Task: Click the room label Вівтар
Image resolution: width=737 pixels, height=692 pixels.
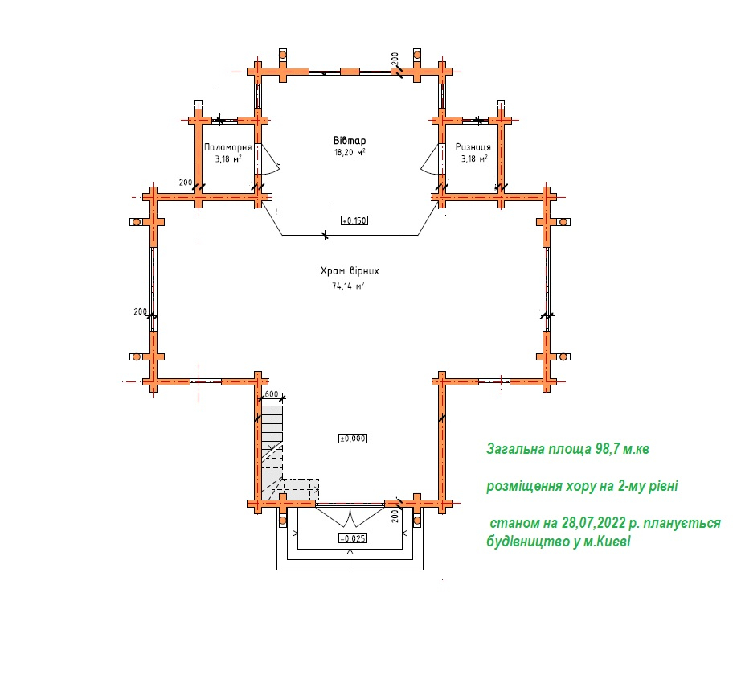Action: coord(350,141)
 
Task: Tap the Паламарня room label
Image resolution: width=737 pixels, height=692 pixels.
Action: coord(228,147)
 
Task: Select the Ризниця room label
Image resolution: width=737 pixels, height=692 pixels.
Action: coord(473,147)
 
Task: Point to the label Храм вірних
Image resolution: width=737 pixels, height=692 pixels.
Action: coord(350,271)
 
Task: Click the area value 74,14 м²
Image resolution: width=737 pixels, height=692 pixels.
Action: coord(348,286)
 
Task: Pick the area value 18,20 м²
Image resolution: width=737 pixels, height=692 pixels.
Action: coord(350,152)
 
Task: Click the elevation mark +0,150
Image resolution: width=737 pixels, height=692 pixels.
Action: coord(354,220)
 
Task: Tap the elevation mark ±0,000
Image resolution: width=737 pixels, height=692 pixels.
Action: coord(353,439)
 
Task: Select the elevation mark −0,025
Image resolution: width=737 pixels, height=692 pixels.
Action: coord(353,538)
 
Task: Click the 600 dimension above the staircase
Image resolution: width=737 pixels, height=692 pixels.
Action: coord(271,394)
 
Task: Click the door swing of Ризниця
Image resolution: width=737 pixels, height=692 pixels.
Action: coord(430,159)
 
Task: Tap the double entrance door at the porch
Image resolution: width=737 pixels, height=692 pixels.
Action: coord(350,516)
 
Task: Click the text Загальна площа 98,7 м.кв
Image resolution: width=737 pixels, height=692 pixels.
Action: coord(567,449)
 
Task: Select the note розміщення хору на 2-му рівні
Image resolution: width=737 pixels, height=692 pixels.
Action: coord(582,485)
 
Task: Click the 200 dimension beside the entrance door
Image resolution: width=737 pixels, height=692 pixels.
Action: coord(395,517)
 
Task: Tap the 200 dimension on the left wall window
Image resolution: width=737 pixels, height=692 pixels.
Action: coord(140,311)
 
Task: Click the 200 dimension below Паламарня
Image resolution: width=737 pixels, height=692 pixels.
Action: coord(186,183)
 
